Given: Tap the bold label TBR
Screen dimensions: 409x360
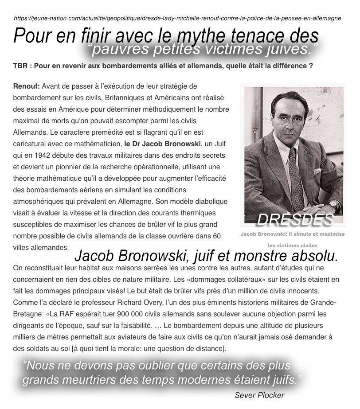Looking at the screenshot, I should tap(20, 66).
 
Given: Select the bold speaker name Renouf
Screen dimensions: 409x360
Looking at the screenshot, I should tap(26, 85).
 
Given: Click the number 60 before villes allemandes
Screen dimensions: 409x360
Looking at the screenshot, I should tap(216, 235).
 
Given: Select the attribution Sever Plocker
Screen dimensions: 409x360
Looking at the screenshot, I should tap(259, 395).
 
